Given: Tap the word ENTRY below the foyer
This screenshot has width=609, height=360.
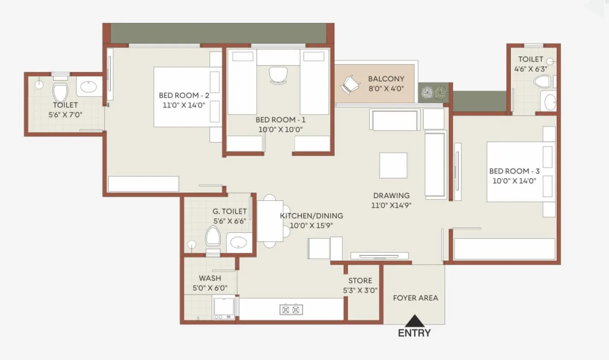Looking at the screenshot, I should (x=414, y=333).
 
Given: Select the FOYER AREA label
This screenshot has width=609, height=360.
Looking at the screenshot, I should (x=416, y=298).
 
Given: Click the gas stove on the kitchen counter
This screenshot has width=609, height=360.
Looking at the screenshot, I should (x=291, y=309).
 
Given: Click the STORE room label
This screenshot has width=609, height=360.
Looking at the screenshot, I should (x=360, y=281).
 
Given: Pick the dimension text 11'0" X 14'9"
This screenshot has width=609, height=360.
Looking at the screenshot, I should (x=391, y=205).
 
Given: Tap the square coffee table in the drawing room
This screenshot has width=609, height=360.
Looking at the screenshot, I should (x=393, y=165).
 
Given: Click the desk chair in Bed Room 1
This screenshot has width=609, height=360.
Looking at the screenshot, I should (x=278, y=76).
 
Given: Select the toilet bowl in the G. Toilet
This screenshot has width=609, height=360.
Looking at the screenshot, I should (x=213, y=236).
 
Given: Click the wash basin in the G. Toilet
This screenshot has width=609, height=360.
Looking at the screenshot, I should (x=238, y=243).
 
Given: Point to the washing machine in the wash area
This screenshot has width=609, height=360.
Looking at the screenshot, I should (x=224, y=307).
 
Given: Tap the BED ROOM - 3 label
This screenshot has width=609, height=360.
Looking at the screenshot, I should (x=514, y=171).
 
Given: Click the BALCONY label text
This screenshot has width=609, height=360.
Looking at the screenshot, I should (x=386, y=79).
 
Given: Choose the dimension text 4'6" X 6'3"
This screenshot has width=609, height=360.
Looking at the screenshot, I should (x=530, y=68).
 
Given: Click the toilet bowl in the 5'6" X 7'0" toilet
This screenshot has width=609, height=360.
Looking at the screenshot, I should (x=60, y=93).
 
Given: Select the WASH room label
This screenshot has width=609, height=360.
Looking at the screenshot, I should (x=210, y=278).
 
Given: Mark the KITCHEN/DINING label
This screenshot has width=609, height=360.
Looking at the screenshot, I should (x=311, y=216).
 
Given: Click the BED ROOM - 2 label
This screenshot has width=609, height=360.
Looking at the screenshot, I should (x=184, y=95).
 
